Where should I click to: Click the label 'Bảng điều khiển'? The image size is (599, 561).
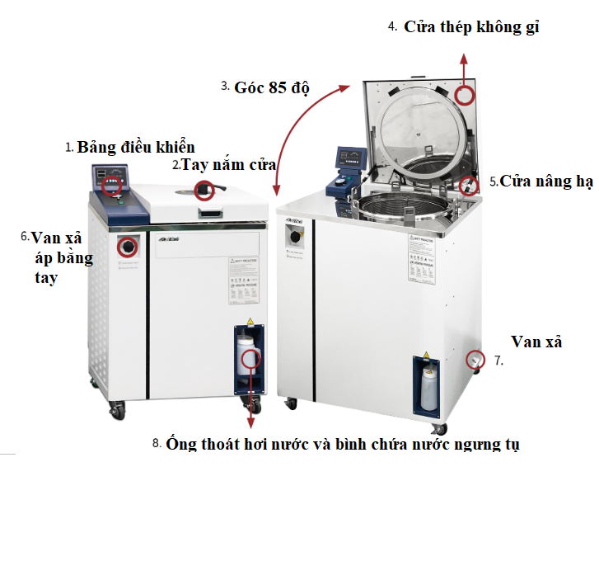click(136, 148)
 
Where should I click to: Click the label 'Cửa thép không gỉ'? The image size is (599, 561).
click(471, 27)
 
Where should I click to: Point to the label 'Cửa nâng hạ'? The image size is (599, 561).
click(541, 181)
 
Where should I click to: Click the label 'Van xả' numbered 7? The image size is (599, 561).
click(536, 342)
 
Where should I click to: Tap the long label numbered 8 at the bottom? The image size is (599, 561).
click(343, 444)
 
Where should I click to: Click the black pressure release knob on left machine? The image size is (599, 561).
click(129, 246)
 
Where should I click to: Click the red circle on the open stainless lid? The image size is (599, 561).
click(466, 96)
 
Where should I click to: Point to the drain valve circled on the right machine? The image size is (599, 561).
click(475, 360)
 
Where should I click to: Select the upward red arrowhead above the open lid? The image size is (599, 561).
click(464, 59)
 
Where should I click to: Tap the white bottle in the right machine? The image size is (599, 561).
click(428, 388)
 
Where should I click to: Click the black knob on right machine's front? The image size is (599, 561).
click(292, 237)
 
